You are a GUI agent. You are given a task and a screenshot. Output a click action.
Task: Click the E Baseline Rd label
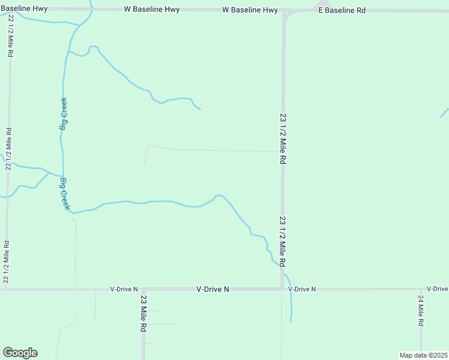tap(342, 11)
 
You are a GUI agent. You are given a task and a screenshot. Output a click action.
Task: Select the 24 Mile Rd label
tap(421, 310)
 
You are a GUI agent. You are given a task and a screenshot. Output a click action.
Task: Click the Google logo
tap(20, 353)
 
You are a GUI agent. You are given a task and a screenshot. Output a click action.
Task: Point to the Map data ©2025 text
tap(423, 355)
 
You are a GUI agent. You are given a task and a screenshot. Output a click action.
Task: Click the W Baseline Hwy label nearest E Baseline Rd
tap(250, 11)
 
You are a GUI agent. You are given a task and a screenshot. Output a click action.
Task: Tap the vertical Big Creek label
tap(63, 114)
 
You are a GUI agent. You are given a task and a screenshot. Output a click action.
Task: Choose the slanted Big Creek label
tap(65, 193)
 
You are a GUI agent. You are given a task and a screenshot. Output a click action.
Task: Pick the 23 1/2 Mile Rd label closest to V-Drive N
tap(282, 242)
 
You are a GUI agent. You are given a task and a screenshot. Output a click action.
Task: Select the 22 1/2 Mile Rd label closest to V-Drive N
tap(6, 262)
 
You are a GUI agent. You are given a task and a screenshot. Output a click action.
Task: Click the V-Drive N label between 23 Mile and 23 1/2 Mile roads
tap(213, 289)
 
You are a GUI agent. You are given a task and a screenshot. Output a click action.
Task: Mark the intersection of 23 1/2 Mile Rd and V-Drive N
tap(282, 289)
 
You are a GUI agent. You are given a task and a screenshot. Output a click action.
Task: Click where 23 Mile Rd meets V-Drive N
tap(143, 289)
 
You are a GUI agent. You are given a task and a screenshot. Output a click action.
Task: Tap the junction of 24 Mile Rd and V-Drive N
tap(421, 289)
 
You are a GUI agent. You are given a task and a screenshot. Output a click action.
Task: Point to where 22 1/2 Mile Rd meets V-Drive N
tap(6, 289)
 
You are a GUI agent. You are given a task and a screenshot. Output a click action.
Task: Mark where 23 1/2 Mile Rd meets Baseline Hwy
tap(283, 11)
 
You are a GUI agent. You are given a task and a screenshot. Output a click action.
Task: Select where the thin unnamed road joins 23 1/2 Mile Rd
tap(282, 151)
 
